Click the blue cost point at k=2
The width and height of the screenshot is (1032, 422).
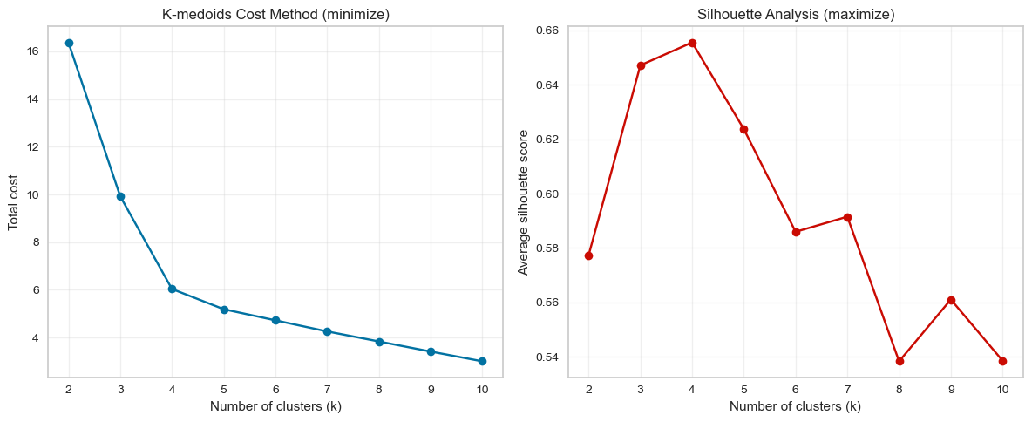pyautogui.click(x=69, y=43)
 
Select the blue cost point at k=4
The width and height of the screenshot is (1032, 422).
pyautogui.click(x=172, y=289)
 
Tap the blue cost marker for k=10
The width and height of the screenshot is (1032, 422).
pyautogui.click(x=482, y=361)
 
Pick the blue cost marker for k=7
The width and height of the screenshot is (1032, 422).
pyautogui.click(x=327, y=331)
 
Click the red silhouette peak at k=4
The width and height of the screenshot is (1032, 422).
pyautogui.click(x=692, y=43)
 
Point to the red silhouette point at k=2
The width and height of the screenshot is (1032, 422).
pyautogui.click(x=588, y=255)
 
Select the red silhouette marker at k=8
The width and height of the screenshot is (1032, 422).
pyautogui.click(x=900, y=361)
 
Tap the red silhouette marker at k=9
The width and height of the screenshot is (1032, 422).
pyautogui.click(x=951, y=300)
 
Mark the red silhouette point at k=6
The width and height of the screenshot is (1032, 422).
pyautogui.click(x=796, y=232)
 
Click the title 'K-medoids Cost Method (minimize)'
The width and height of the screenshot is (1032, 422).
pyautogui.click(x=275, y=14)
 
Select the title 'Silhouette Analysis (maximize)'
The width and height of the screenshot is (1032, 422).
pyautogui.click(x=796, y=14)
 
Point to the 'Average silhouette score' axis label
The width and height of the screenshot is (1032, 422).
pyautogui.click(x=524, y=201)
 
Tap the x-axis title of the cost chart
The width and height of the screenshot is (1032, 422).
pyautogui.click(x=275, y=406)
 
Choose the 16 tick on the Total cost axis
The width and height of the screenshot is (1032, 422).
pyautogui.click(x=32, y=51)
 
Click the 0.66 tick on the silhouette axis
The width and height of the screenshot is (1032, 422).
pyautogui.click(x=547, y=31)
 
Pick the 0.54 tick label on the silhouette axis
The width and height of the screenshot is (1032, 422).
pyautogui.click(x=547, y=357)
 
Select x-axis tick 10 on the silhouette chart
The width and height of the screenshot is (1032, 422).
pyautogui.click(x=1002, y=389)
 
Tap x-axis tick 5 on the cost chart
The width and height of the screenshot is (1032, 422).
pyautogui.click(x=224, y=389)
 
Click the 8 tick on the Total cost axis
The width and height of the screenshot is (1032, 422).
pyautogui.click(x=35, y=242)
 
